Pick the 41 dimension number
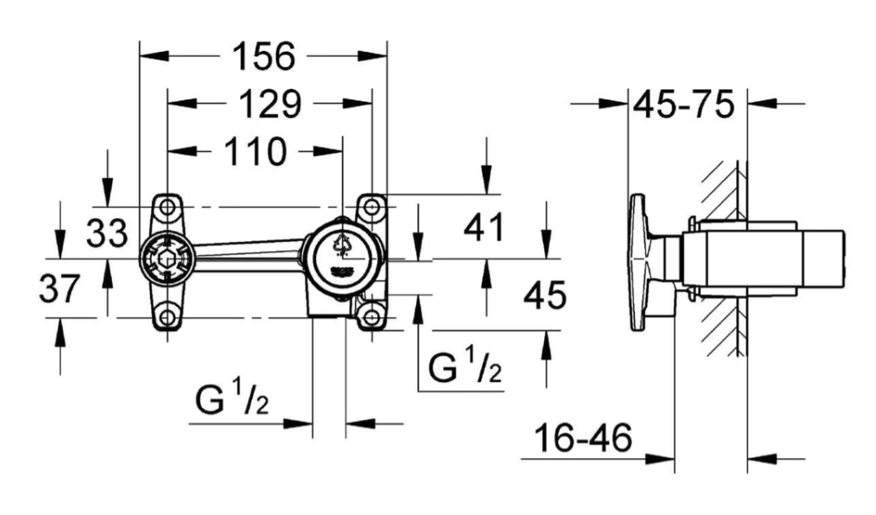pos(483,228)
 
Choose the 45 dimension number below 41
pos(544,296)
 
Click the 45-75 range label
pos(682,106)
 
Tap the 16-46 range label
pos(583,439)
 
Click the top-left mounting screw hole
pos(168,206)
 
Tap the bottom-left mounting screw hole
pos(168,317)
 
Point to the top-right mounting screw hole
pos(371,206)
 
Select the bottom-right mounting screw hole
pos(371,317)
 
